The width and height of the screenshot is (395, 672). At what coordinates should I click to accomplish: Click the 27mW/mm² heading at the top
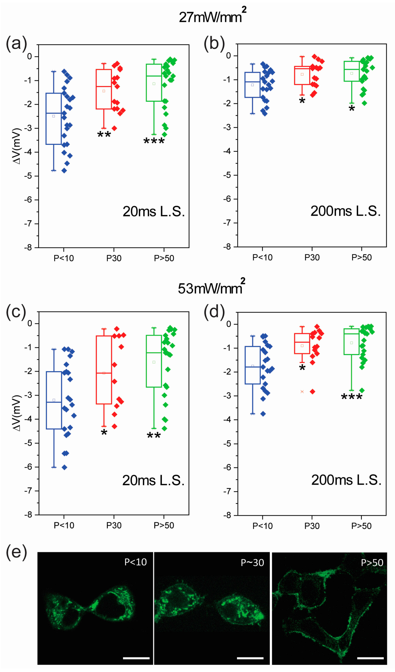[x=212, y=17]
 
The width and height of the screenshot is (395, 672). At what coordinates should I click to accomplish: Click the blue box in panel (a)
[x=54, y=119]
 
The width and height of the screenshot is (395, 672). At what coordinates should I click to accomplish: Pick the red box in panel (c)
[x=104, y=370]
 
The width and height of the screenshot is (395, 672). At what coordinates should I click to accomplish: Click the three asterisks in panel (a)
[x=154, y=141]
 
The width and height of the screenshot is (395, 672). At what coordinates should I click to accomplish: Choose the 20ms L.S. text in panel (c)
[x=153, y=480]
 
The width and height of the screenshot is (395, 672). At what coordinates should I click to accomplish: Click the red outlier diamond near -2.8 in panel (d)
[x=313, y=392]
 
